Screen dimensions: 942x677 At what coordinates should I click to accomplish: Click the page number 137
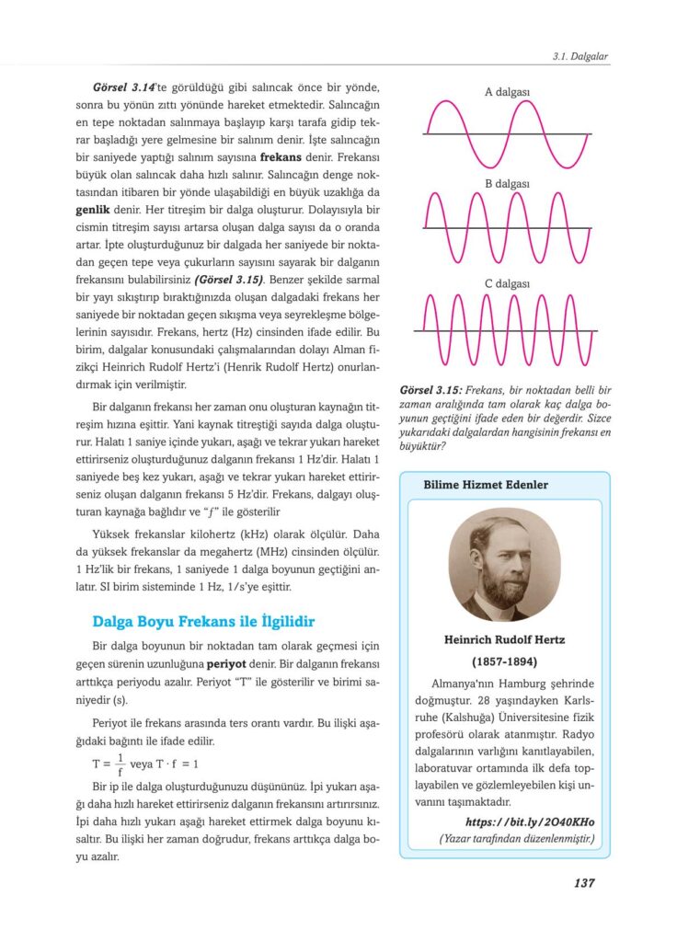coord(583,883)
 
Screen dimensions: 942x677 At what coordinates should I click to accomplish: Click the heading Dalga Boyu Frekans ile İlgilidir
coord(204,622)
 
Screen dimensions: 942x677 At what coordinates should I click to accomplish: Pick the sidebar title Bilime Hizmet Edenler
coord(486,485)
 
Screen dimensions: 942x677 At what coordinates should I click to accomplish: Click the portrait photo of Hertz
coord(503,568)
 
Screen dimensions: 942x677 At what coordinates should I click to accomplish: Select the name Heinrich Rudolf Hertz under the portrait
coord(504,639)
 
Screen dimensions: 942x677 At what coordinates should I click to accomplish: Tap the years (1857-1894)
coord(504,661)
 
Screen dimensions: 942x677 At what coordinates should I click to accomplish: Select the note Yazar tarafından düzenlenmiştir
coord(518,838)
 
